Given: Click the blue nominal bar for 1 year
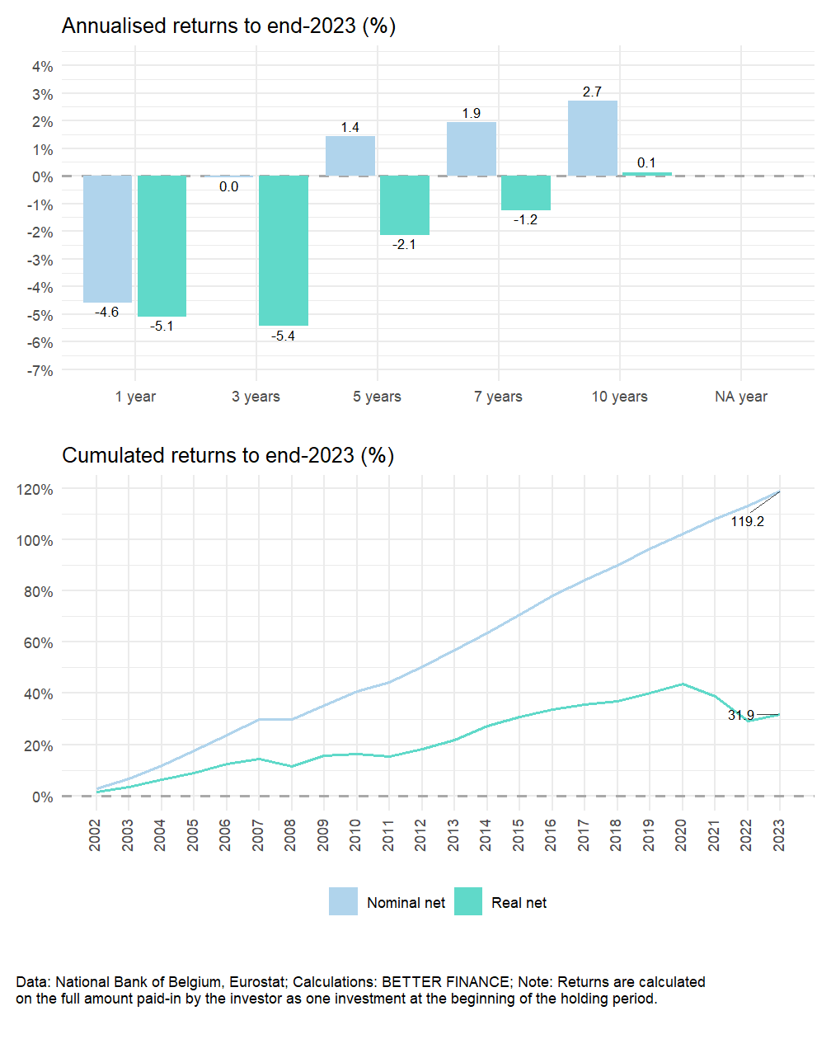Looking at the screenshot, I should coord(107,239).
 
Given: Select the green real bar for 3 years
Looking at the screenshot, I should coord(284,251).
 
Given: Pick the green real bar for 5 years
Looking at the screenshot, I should coord(405,205).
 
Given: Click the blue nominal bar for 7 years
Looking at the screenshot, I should coord(471,149).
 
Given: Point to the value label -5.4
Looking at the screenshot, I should coord(284,336).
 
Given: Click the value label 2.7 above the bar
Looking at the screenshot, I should coord(592,92).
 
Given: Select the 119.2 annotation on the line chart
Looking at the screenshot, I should coord(747,521).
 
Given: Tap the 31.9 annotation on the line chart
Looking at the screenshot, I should coord(740,715).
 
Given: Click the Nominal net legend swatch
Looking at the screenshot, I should coord(343,902).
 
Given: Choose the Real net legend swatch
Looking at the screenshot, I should coord(468,902).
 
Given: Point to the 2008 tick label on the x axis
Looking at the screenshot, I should coord(291,834).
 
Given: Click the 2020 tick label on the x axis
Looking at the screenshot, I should coord(681,834).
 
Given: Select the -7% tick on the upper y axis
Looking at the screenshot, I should coord(40,371).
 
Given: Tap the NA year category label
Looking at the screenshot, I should coord(740,397).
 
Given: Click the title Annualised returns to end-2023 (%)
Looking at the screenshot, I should coord(228,26).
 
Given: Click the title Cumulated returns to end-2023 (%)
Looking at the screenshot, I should coord(228,455).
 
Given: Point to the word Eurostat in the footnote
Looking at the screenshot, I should coord(256,982).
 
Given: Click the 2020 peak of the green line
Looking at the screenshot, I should coord(682,684).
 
